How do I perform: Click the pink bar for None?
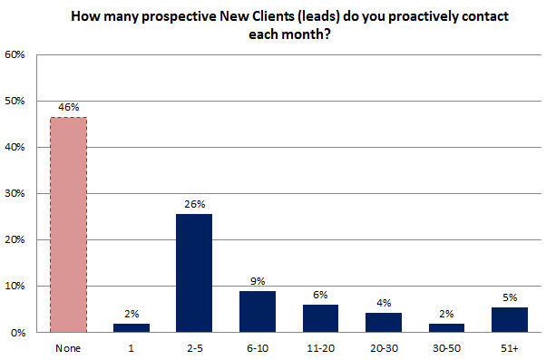point(69,225)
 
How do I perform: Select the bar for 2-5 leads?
point(195,273)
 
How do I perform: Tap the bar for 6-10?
point(258,311)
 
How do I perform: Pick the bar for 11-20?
point(321,318)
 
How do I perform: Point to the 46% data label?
point(69,107)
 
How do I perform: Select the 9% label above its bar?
point(258,281)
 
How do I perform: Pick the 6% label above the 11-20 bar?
point(321,295)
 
